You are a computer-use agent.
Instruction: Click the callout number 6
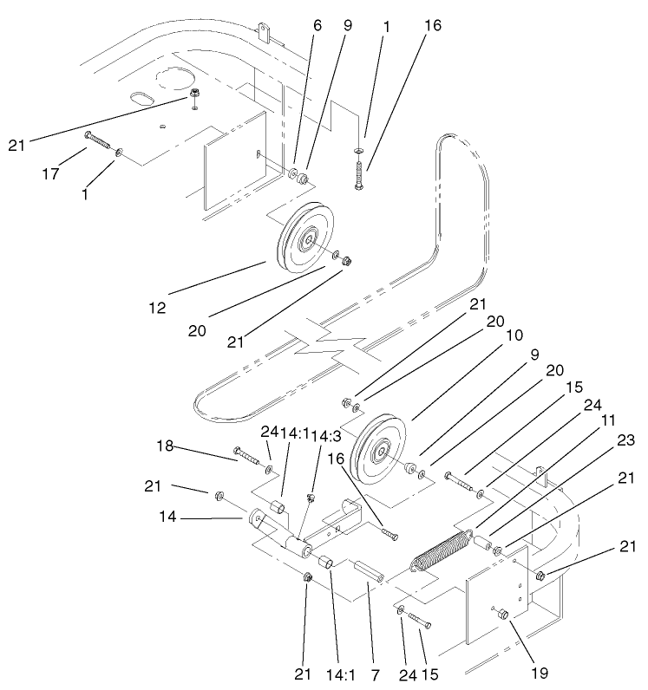tap(317, 26)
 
